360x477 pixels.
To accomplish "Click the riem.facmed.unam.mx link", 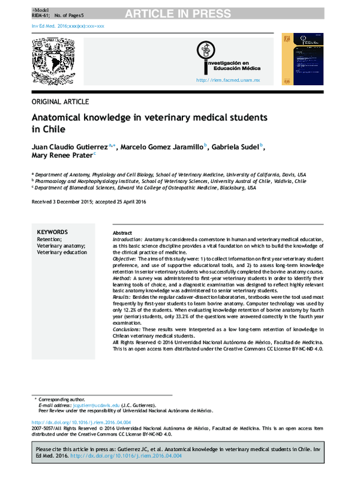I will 227,80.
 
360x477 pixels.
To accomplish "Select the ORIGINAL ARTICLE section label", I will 60,101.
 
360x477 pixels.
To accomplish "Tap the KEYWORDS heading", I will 52,232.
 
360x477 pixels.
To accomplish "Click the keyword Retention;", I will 49,239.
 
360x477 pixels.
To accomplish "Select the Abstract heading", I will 122,233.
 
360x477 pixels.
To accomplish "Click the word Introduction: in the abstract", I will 127,239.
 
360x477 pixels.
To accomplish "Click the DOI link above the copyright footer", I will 82,422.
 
